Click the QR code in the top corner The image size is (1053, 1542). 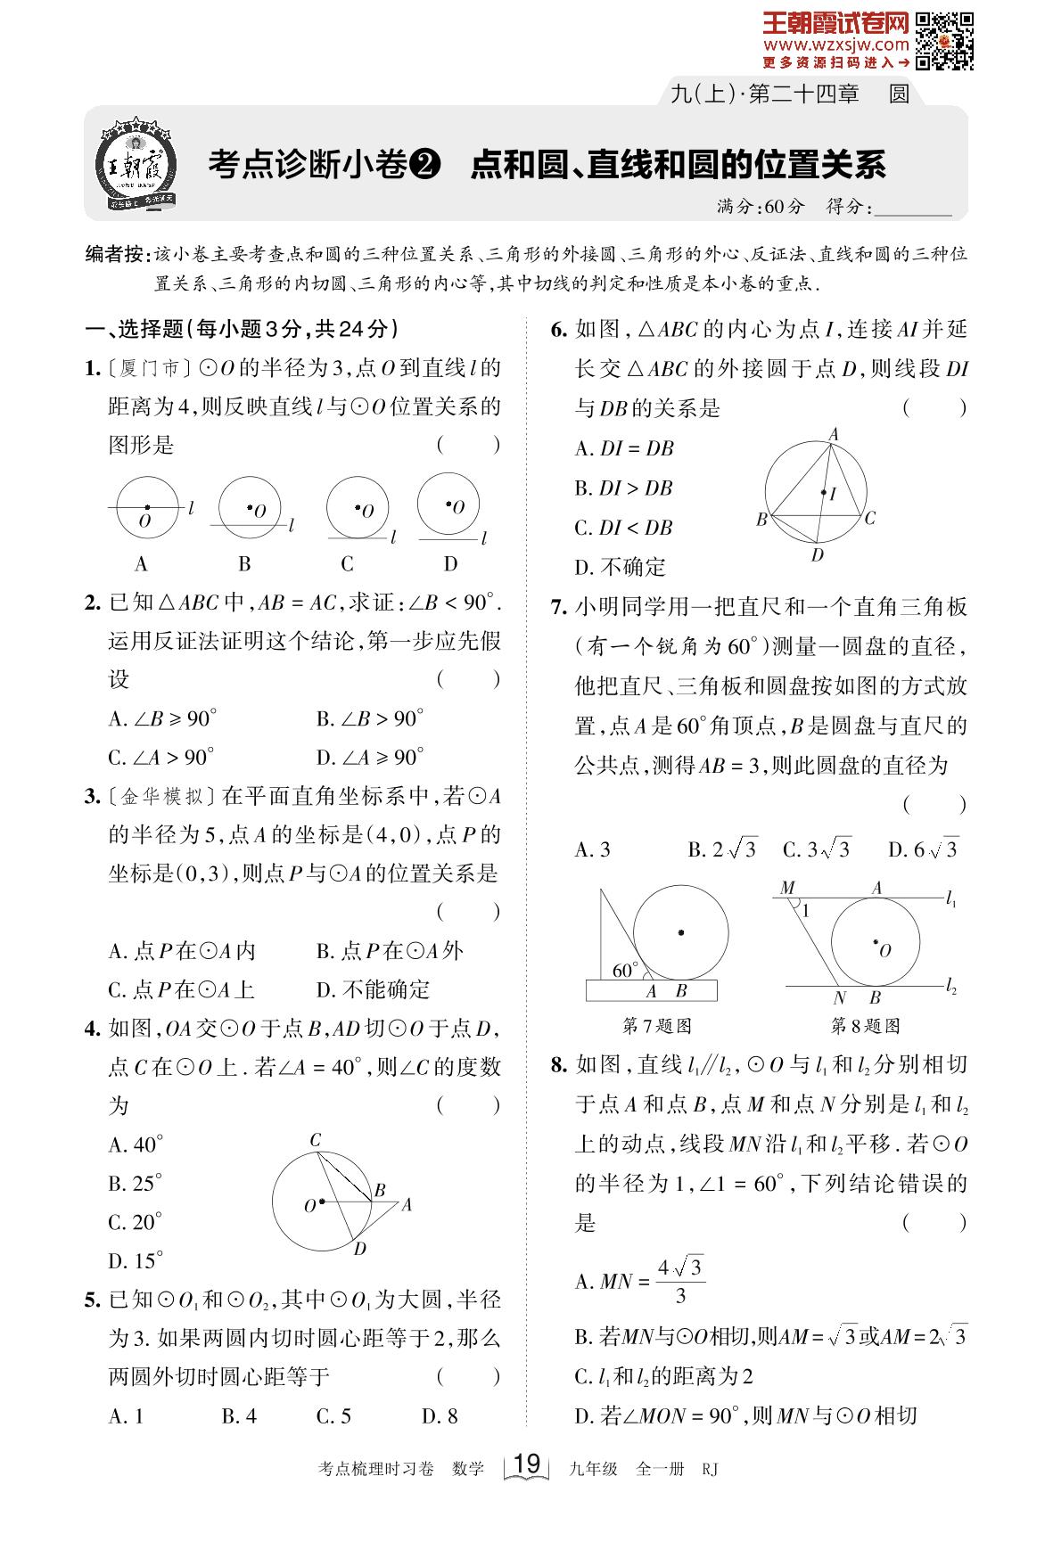point(945,41)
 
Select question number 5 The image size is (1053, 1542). point(92,1300)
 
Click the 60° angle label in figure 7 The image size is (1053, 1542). point(625,970)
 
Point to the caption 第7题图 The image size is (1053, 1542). point(656,1026)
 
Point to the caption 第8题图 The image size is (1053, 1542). point(865,1026)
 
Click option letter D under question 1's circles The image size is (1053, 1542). point(450,563)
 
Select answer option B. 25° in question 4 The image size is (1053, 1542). point(136,1183)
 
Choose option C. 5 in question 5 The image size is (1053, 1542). point(333,1415)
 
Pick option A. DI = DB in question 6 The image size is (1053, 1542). point(623,448)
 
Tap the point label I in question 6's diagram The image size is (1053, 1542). point(833,493)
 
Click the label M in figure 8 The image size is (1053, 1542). point(787,888)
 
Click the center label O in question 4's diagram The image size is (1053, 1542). point(309,1206)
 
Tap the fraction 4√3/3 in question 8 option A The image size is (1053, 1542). point(679,1281)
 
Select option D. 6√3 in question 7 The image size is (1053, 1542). point(923,849)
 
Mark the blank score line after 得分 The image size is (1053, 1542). point(914,208)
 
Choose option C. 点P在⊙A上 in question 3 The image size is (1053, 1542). point(181,989)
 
